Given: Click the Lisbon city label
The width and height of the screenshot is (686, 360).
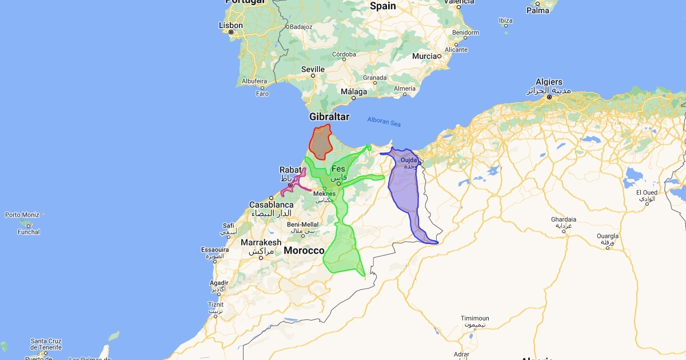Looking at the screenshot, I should (x=231, y=26).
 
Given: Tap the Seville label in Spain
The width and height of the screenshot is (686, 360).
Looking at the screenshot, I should (x=313, y=69).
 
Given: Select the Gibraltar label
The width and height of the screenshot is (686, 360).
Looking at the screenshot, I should (x=329, y=117).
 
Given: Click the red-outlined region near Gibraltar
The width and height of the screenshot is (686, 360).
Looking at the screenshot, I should (x=321, y=142).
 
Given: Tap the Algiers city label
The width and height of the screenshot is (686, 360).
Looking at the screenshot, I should (x=549, y=82).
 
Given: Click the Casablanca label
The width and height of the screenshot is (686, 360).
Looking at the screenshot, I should (x=272, y=205).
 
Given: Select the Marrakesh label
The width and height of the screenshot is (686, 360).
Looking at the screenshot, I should (x=261, y=242).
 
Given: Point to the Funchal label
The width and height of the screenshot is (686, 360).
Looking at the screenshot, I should (x=29, y=232).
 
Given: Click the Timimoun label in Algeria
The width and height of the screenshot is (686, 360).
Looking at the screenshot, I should (x=476, y=318).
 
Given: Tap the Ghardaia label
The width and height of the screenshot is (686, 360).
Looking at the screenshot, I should (x=563, y=219).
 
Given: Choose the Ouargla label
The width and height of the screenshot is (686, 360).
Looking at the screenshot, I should (x=608, y=235).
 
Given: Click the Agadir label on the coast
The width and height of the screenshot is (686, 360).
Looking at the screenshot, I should (x=219, y=282).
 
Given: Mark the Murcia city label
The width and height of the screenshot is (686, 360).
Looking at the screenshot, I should (x=424, y=57).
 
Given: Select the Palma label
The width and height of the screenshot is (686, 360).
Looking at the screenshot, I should (x=537, y=10).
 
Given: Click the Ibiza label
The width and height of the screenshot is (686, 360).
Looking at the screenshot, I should (x=505, y=21).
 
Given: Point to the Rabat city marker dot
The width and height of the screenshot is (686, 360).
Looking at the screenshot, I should (x=290, y=185).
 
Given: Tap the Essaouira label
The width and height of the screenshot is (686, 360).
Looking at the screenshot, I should (x=214, y=250).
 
